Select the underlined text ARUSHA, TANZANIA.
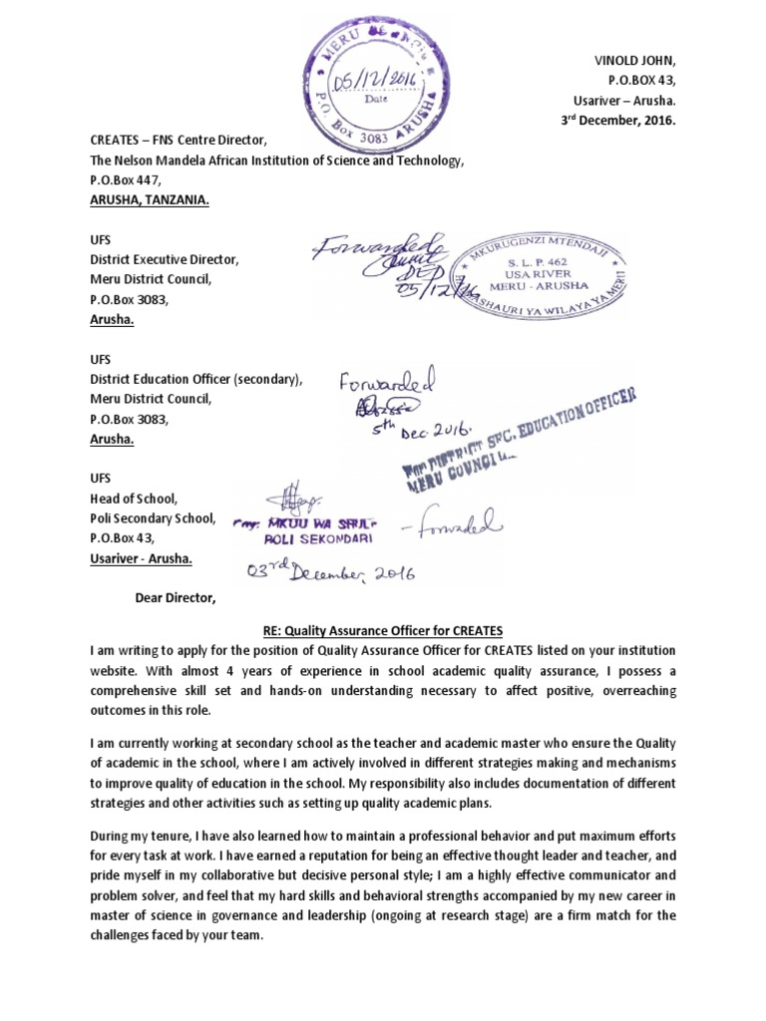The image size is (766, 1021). pos(151,199)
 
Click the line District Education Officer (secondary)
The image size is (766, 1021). pos(195,379)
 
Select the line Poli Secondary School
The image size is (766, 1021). pos(153,518)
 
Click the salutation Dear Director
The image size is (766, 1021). pos(175,598)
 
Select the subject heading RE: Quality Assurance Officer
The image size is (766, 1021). pos(383,630)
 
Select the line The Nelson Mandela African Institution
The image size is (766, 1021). pos(276,160)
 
